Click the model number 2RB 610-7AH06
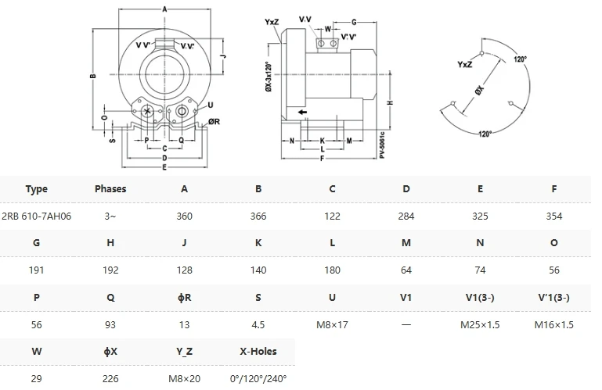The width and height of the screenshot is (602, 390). (x=37, y=216)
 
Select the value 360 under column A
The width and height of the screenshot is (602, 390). (x=184, y=216)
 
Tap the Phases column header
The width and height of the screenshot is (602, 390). (x=110, y=188)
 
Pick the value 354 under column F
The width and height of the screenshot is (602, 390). (x=554, y=216)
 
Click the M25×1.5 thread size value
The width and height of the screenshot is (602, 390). (x=480, y=324)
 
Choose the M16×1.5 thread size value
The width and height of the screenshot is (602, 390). (x=554, y=324)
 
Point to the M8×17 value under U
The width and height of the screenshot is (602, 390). (x=332, y=324)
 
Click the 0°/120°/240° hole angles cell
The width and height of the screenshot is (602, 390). (x=258, y=377)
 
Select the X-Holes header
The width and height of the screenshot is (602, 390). (x=258, y=351)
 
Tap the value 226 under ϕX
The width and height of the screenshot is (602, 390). (x=110, y=377)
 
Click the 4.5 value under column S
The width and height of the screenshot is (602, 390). (x=258, y=324)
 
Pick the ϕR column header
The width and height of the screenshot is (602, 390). (x=184, y=297)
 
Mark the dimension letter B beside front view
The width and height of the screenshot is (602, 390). (x=92, y=76)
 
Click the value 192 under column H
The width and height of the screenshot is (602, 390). (x=110, y=270)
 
